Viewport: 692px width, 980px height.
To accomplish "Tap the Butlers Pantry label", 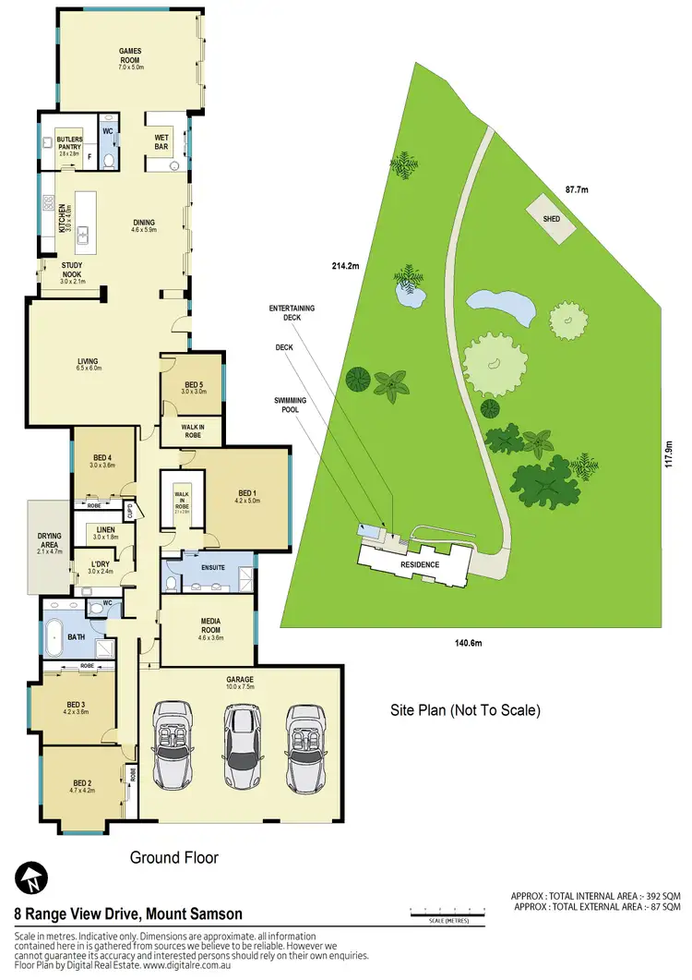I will point(70,142).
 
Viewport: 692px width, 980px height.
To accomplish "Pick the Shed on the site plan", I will point(550,220).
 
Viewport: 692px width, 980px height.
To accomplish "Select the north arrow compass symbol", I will point(30,877).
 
